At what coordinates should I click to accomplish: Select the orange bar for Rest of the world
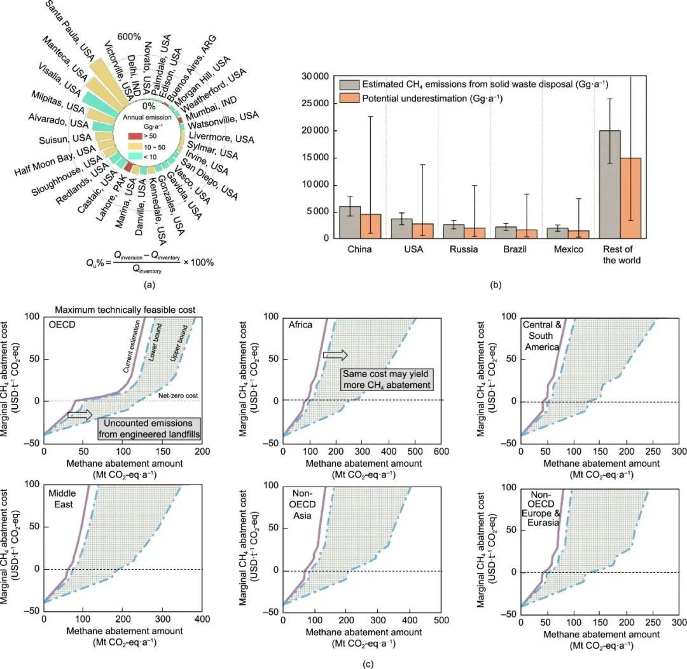coord(630,198)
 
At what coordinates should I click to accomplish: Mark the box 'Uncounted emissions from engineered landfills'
coord(149,429)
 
